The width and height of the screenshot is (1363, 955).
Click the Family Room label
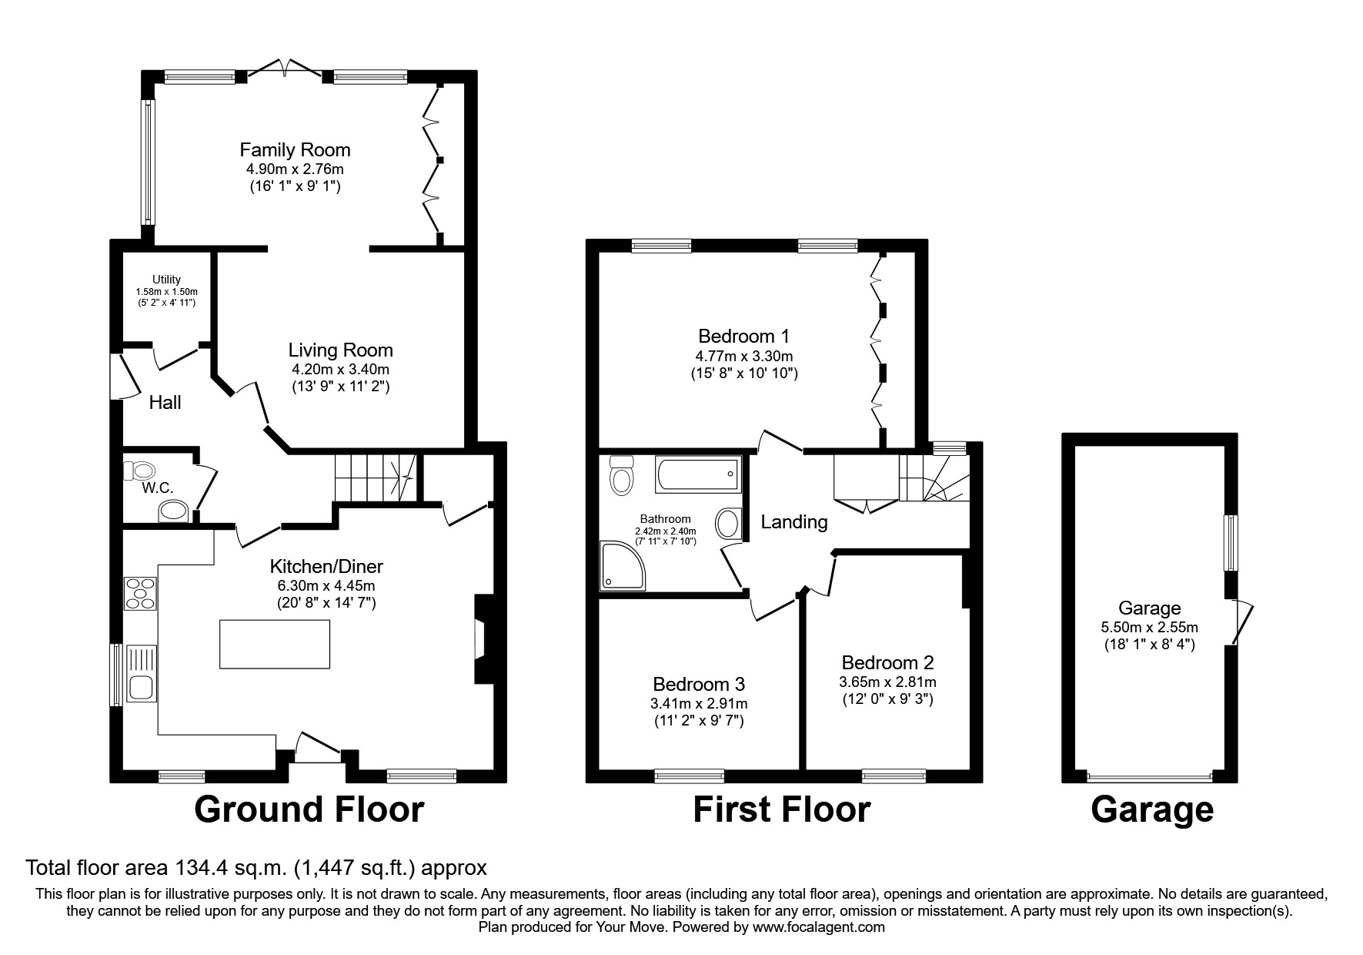[x=295, y=149]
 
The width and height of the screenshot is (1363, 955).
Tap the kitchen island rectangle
[x=275, y=644]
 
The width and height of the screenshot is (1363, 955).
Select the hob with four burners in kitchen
[x=140, y=593]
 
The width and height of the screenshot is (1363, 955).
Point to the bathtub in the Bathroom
[x=699, y=474]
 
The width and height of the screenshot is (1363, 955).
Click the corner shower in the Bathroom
[x=623, y=566]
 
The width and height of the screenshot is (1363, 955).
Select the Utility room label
[x=166, y=280]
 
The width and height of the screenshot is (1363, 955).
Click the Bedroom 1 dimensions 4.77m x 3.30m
[x=743, y=356]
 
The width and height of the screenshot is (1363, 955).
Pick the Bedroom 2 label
[x=887, y=662]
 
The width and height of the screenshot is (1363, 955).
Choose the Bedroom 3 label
[x=699, y=684]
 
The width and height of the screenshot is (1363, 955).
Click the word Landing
[x=793, y=522]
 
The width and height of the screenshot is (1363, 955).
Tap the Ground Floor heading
[x=309, y=809]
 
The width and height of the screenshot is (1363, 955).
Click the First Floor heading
[x=781, y=809]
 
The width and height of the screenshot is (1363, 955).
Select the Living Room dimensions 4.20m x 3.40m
[x=340, y=369]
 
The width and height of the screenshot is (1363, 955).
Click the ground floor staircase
[x=374, y=477]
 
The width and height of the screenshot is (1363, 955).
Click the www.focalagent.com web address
[x=818, y=927]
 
